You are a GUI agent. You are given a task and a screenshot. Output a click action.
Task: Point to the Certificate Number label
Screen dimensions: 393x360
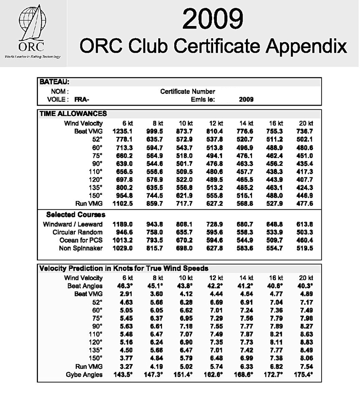click(188, 91)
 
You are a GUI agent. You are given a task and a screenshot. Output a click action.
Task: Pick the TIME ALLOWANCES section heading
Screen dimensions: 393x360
click(73, 113)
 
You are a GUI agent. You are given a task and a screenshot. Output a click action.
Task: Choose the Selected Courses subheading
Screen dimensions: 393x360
click(76, 215)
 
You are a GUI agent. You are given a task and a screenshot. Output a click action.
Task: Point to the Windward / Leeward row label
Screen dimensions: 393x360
click(72, 224)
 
